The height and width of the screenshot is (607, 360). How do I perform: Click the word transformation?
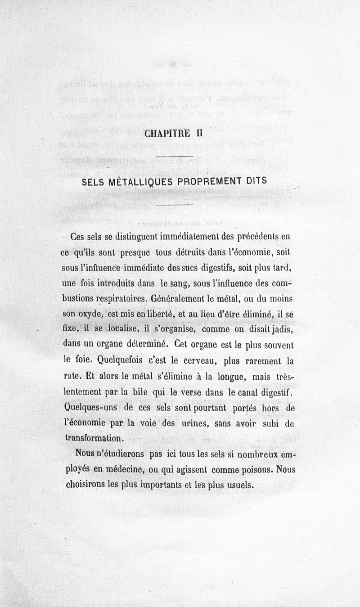click(x=93, y=438)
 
